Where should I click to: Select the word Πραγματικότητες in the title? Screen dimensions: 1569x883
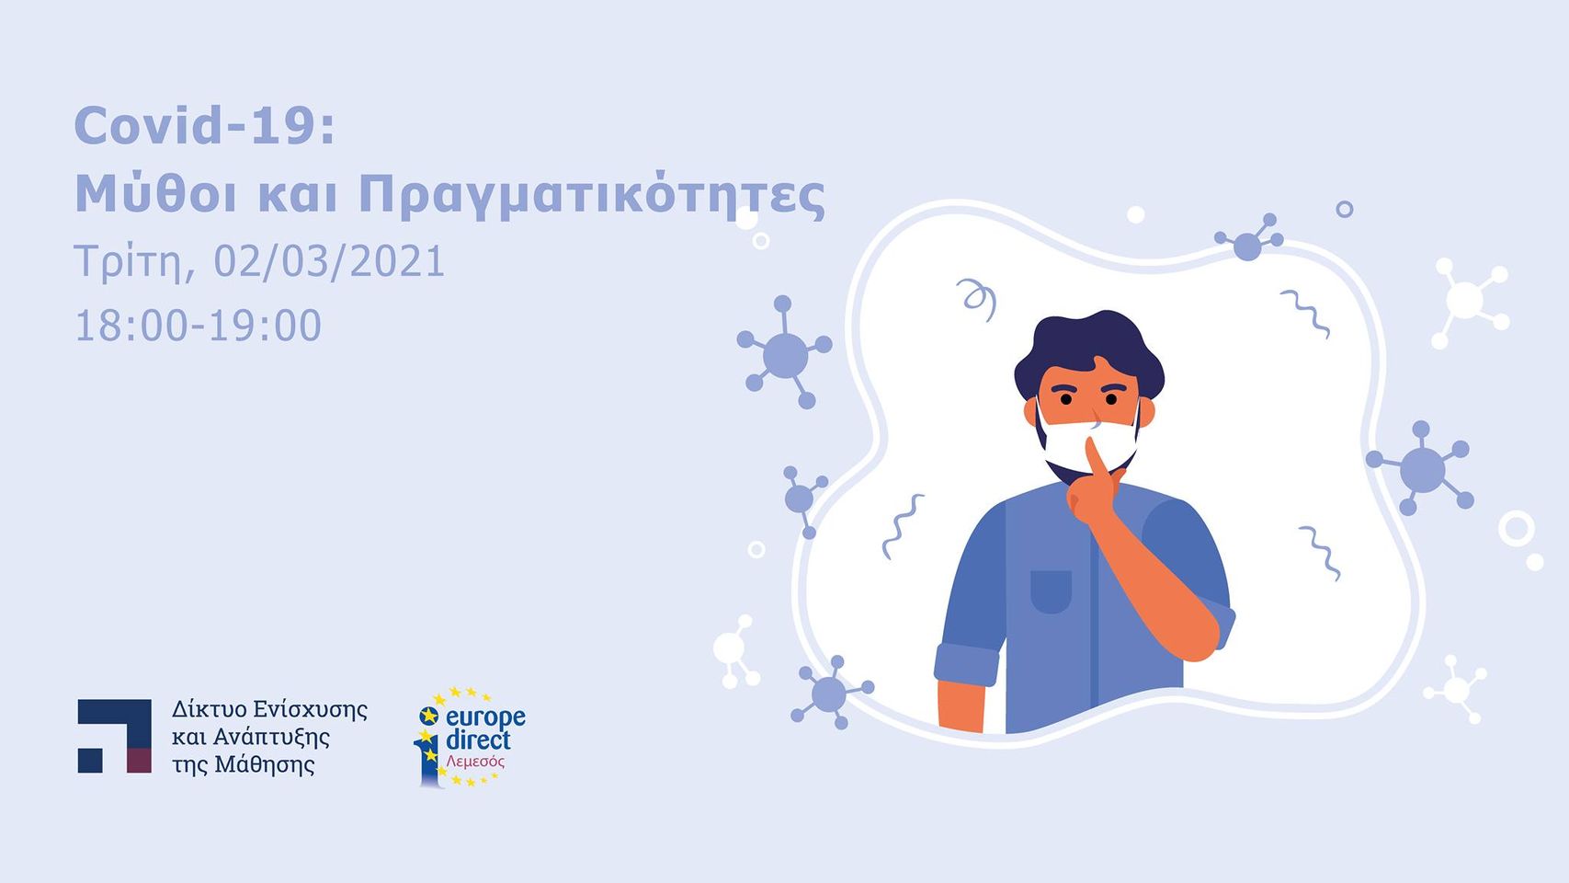tap(592, 196)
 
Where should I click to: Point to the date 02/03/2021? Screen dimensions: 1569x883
tap(329, 261)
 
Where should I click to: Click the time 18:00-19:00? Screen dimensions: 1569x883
tap(199, 326)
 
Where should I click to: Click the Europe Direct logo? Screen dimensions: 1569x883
tap(470, 737)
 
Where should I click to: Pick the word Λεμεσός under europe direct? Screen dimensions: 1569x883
tap(475, 761)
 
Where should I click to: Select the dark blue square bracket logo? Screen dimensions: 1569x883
tap(114, 736)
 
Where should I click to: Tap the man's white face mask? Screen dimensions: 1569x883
tap(1088, 443)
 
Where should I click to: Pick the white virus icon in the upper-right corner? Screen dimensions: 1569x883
tap(1470, 302)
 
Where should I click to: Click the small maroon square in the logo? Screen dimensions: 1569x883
tap(140, 761)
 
